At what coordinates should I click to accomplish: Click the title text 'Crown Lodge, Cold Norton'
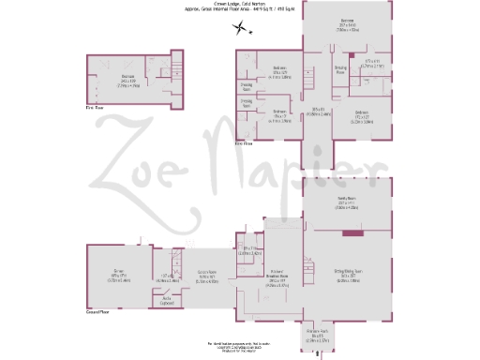tap(240, 3)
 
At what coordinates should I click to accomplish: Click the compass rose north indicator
tap(241, 28)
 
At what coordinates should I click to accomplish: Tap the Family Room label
tap(346, 202)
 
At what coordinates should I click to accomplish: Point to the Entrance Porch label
tap(317, 334)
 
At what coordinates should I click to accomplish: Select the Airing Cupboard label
tap(168, 302)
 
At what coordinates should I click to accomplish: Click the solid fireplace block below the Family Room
tap(347, 232)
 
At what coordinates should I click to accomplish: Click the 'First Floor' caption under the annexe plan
tap(94, 109)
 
